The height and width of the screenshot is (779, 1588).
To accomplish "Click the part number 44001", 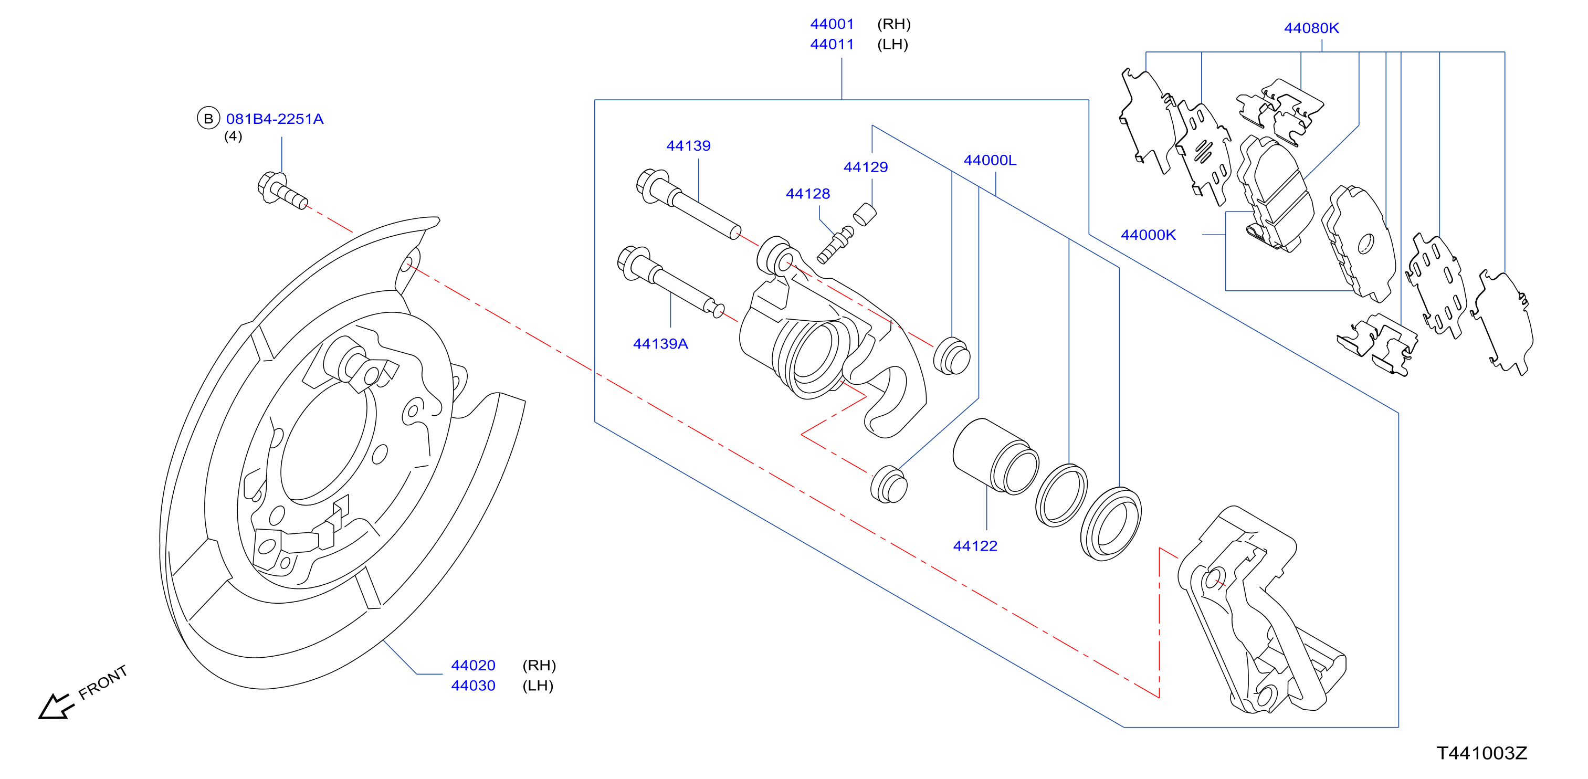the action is [x=832, y=24].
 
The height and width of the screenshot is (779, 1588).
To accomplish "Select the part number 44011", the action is [x=832, y=45].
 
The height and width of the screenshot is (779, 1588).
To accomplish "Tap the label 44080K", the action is [x=1311, y=28].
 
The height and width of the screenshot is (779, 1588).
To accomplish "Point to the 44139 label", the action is [x=688, y=146].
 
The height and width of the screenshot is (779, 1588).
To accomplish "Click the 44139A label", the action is [x=660, y=344].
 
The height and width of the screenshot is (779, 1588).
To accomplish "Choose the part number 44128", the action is [x=807, y=194].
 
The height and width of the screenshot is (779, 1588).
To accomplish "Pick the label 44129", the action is [x=866, y=167].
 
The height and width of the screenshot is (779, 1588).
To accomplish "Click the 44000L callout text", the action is [x=990, y=160].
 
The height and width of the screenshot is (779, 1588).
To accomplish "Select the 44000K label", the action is [x=1148, y=235].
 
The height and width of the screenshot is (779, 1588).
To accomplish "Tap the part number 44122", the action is [x=975, y=546].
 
